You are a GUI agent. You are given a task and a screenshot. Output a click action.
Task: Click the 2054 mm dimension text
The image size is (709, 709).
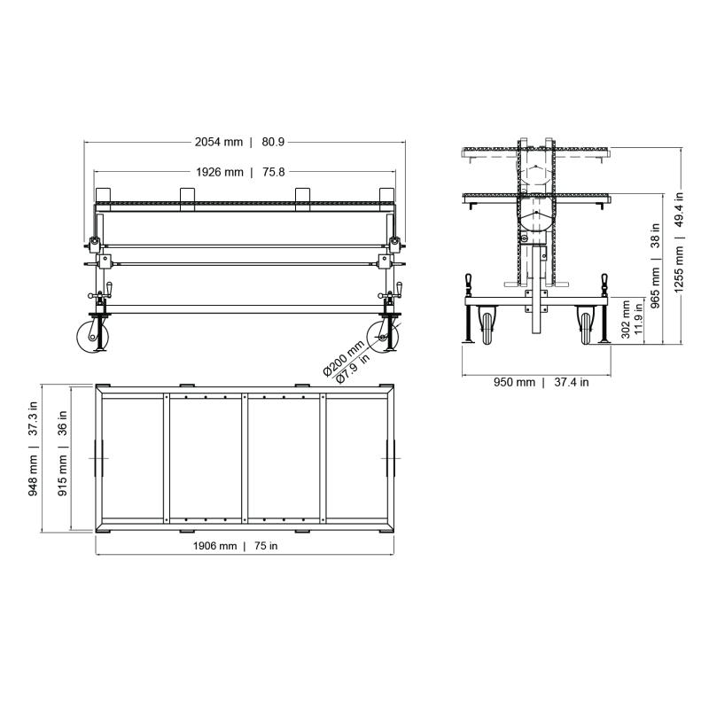click(x=219, y=142)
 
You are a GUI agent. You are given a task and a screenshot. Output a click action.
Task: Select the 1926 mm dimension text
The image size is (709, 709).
click(x=219, y=172)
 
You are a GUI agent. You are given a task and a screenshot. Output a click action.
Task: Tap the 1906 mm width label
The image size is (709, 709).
click(x=215, y=547)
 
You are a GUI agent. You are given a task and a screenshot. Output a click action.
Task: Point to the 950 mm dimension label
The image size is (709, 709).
click(x=515, y=383)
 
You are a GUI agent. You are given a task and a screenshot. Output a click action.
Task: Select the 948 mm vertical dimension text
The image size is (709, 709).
click(x=33, y=474)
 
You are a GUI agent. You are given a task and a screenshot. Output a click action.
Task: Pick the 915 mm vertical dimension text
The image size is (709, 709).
click(x=63, y=474)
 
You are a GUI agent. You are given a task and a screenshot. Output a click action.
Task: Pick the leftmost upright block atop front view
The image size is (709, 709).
click(x=102, y=195)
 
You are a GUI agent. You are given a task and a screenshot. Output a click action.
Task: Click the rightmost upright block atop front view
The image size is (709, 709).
click(x=386, y=195)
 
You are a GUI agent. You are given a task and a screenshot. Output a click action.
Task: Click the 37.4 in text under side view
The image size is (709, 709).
click(x=571, y=383)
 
